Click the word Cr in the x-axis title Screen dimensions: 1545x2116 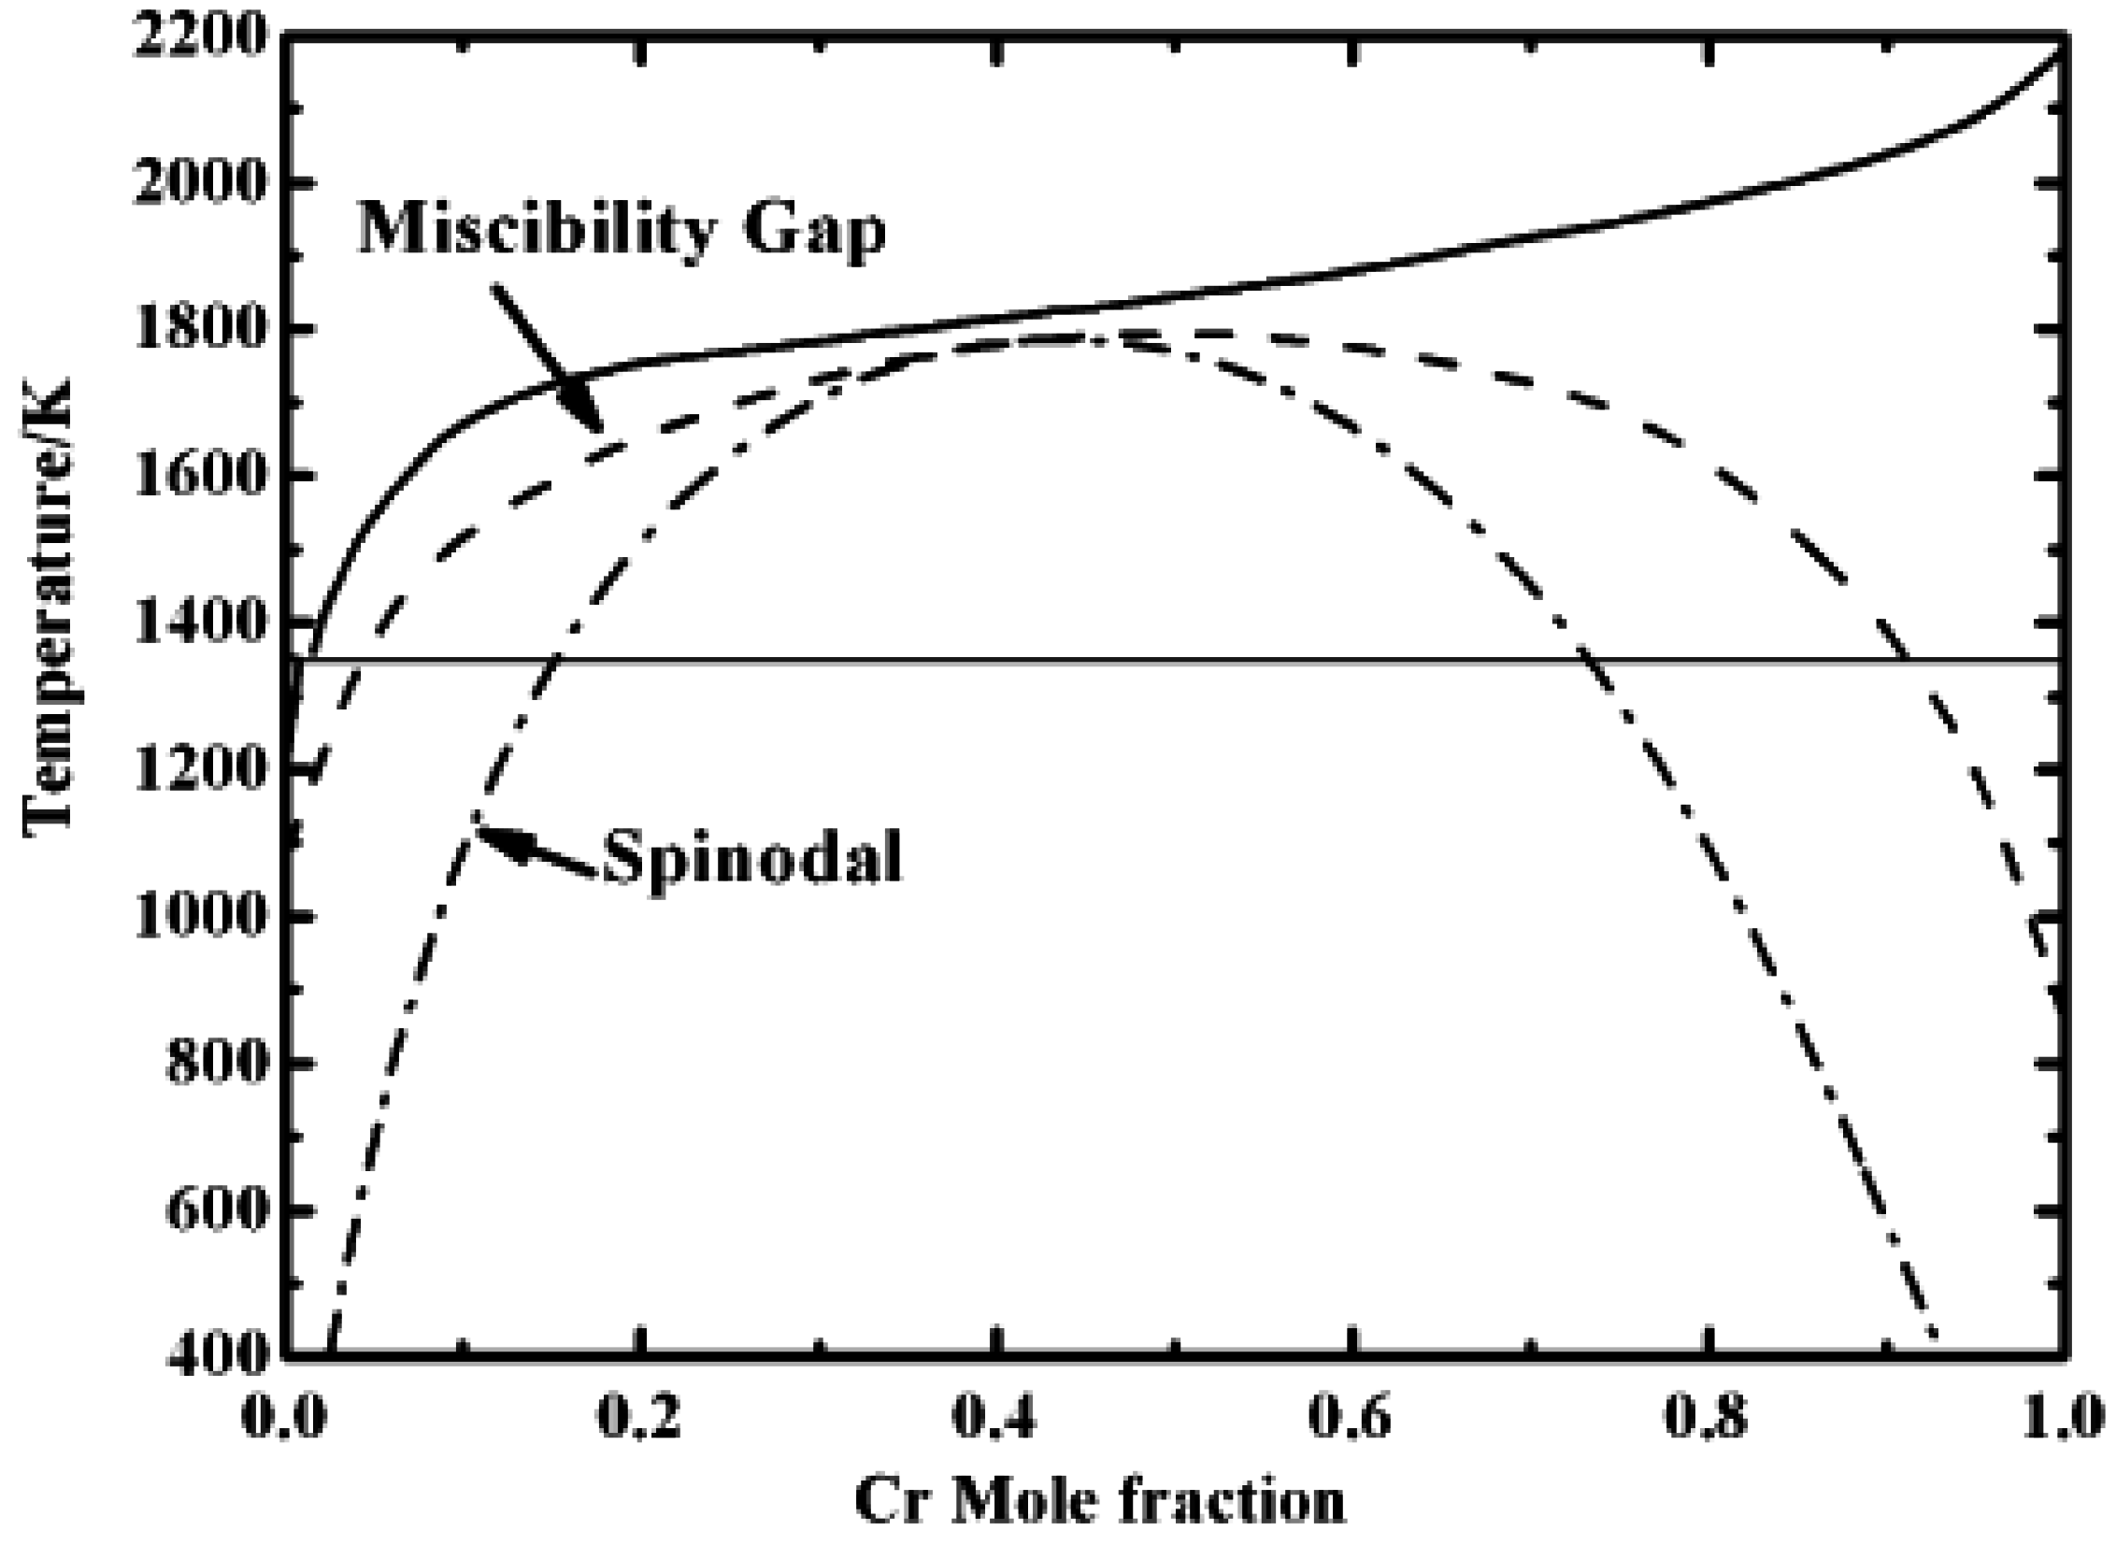point(890,1504)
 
